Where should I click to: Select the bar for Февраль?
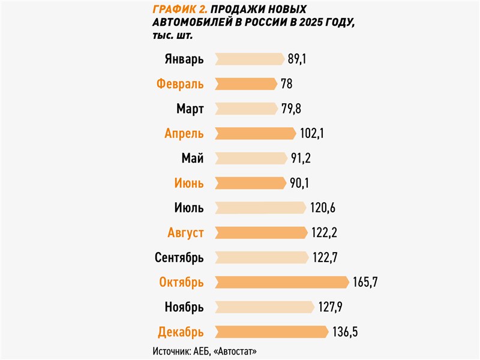[245, 84]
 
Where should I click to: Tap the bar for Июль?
[260, 208]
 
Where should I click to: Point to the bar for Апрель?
[255, 134]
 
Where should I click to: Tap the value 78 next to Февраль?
[286, 84]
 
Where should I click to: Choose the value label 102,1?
[312, 134]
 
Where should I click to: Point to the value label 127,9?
[331, 307]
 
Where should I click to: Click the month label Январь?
[184, 59]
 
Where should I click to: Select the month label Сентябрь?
[179, 258]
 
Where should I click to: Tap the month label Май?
[192, 159]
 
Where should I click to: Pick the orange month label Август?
[185, 233]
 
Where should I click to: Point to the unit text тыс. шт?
[173, 36]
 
